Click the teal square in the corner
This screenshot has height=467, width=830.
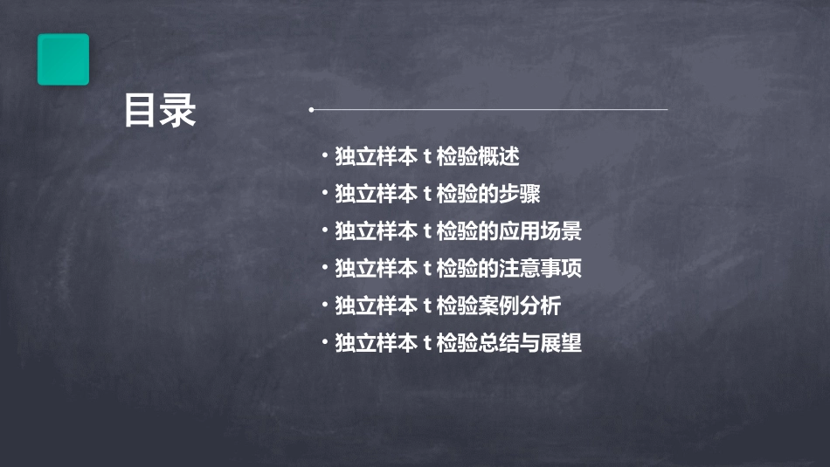(63, 59)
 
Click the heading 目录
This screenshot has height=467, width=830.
(160, 112)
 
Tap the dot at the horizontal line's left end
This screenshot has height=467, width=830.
(311, 110)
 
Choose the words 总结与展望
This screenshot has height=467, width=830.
(529, 343)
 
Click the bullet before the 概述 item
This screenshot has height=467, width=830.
(324, 156)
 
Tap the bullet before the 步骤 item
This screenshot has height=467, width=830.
(324, 193)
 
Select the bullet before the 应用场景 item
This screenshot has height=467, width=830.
(324, 230)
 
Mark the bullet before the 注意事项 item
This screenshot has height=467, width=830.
(324, 267)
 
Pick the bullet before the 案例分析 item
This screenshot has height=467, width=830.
(324, 305)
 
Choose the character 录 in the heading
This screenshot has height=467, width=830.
(178, 112)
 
